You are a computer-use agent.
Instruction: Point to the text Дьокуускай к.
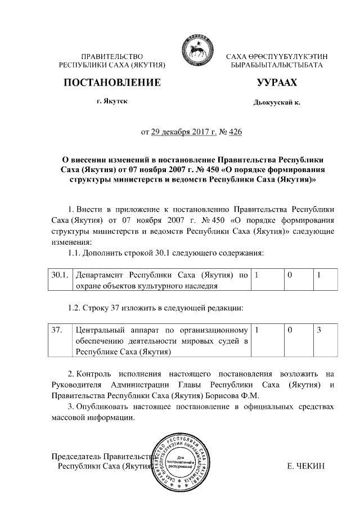[276, 102]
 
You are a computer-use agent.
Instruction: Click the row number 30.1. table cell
[59, 276]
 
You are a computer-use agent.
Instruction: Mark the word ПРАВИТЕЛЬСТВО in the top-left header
[113, 57]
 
